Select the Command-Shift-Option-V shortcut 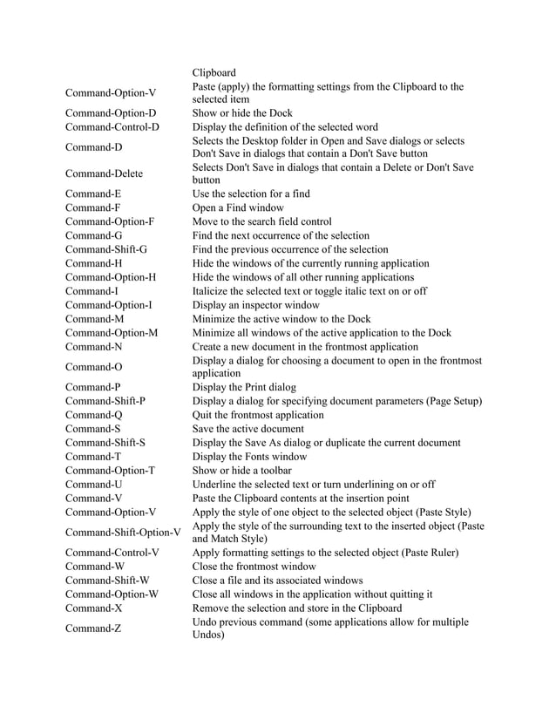click(x=122, y=532)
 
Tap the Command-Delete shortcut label click(x=103, y=173)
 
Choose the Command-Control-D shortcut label click(x=112, y=127)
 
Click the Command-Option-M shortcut click(x=112, y=333)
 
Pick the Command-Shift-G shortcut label click(x=105, y=249)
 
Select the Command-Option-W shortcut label click(x=112, y=594)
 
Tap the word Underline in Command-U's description click(x=216, y=484)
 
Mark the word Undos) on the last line click(x=208, y=635)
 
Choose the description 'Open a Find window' click(x=238, y=207)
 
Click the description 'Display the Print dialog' click(x=244, y=386)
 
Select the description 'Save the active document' click(x=247, y=428)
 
